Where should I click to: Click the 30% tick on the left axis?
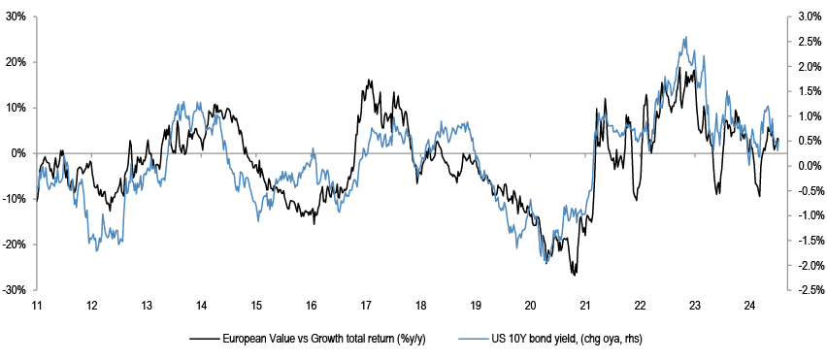click(35, 16)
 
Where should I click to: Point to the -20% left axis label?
click(17, 245)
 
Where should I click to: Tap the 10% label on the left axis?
click(17, 108)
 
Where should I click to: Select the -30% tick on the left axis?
click(35, 290)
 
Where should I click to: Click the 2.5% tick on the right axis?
click(789, 42)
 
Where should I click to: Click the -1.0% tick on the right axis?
click(789, 215)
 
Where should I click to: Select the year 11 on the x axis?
click(37, 306)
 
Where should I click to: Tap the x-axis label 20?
click(531, 306)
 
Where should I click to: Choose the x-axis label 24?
click(750, 306)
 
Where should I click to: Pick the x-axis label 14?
click(202, 306)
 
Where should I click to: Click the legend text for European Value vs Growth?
click(324, 340)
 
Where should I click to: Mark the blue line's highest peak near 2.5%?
click(685, 37)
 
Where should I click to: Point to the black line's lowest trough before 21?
click(575, 275)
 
